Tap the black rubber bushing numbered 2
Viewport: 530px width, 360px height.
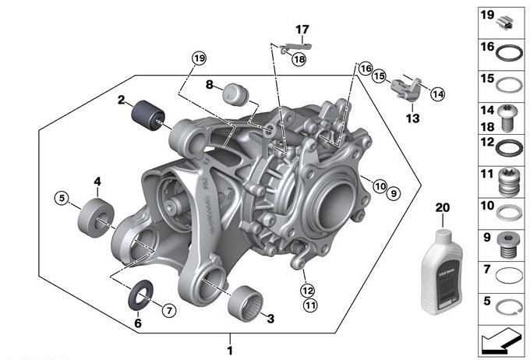(145, 115)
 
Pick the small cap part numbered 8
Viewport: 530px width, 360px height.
(233, 94)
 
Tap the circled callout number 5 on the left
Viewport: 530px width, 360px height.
(61, 199)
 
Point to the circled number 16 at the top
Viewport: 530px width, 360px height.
(366, 69)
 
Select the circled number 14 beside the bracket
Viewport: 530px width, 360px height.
(438, 94)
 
